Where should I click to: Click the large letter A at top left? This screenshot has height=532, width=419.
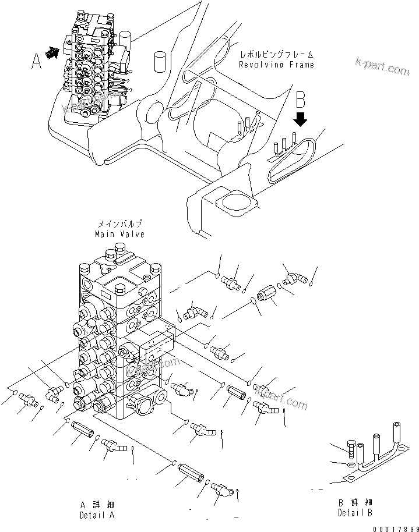tap(37, 60)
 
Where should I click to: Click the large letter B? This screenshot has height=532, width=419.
tap(301, 100)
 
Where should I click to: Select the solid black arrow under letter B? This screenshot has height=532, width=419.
tap(301, 119)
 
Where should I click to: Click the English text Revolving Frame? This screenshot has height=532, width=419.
tap(276, 65)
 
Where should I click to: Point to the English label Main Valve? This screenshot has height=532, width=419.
tap(119, 233)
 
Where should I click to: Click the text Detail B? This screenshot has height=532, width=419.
tap(355, 512)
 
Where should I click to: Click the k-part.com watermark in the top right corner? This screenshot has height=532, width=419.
tap(382, 67)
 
